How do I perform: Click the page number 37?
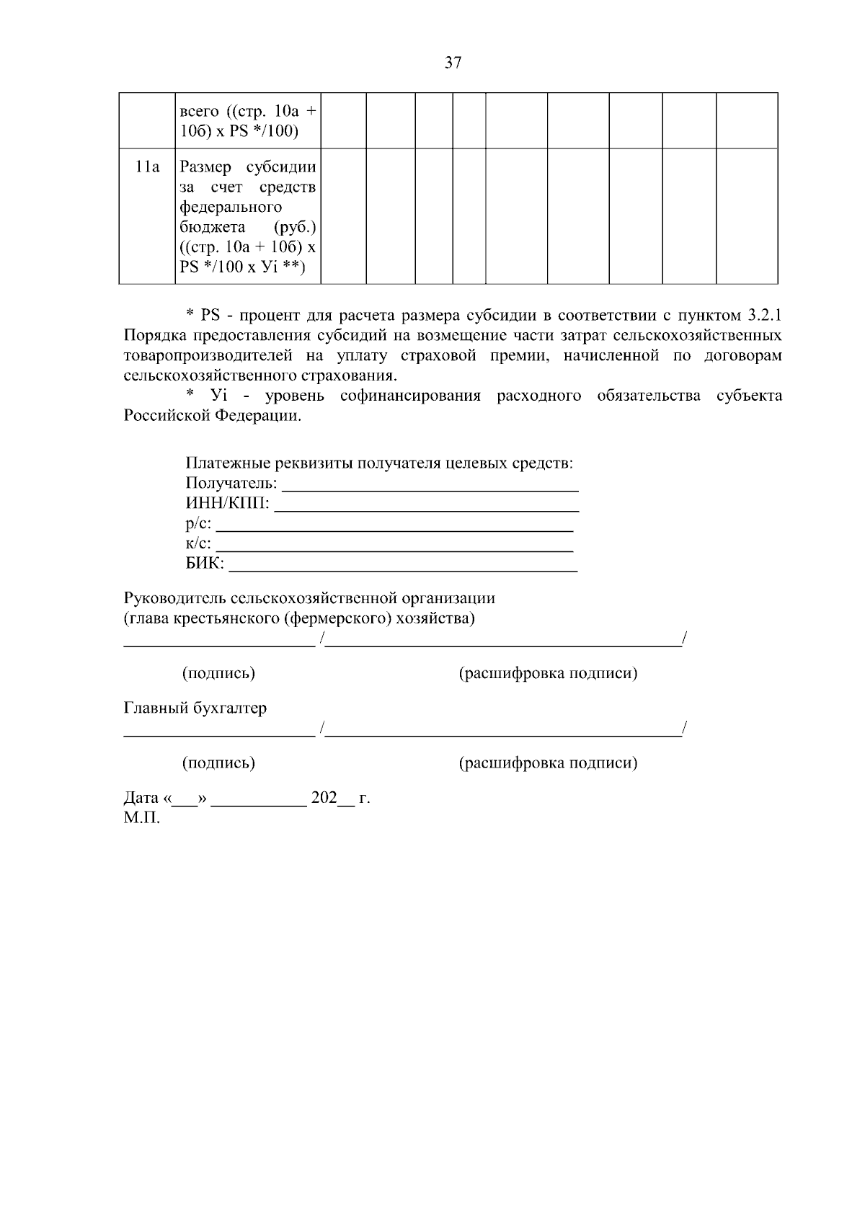point(453,63)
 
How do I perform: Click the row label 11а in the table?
point(147,167)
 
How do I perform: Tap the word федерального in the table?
point(231,208)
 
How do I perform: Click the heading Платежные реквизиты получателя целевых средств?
point(379,463)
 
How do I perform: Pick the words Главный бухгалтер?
point(195,708)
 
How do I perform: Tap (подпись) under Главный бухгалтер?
point(218,762)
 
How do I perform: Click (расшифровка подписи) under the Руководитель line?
point(548,673)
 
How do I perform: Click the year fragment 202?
point(324,798)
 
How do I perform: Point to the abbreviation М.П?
point(142,818)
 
